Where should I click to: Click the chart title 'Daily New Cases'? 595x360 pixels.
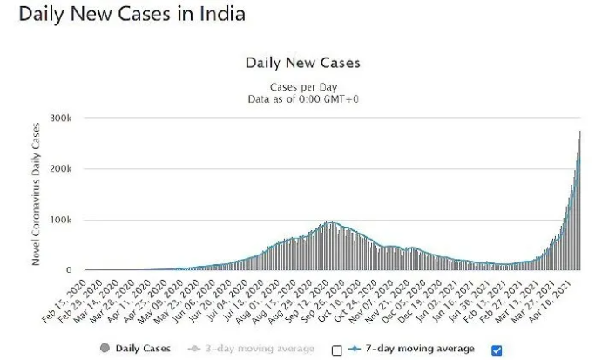302,63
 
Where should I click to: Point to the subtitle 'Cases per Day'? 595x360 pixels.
302,87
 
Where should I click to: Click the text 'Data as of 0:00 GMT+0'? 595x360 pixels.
302,99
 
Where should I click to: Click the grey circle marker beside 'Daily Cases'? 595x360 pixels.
105,349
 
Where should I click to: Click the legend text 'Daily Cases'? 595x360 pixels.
141,349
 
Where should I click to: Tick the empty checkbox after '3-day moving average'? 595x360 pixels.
337,350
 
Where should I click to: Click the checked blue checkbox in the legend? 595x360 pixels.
497,350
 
